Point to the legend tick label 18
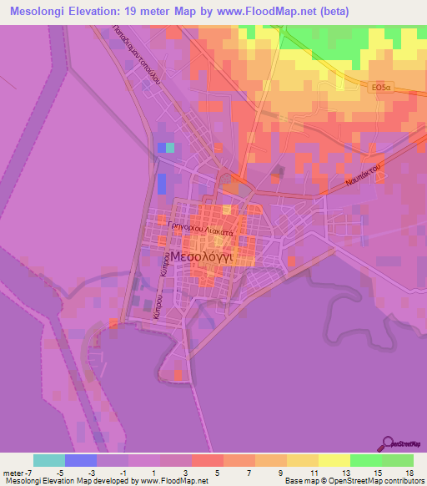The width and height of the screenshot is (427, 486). [409, 472]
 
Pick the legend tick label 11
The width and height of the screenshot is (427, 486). [314, 472]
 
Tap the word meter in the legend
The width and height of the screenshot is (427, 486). [14, 472]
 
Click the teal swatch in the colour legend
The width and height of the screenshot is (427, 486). [49, 460]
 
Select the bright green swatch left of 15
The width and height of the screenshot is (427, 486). [366, 460]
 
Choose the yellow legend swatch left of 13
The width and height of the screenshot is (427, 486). [334, 460]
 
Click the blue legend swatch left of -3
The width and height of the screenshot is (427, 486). [81, 460]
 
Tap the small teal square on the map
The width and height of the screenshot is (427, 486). [170, 148]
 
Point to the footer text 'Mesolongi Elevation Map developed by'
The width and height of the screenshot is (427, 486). [70, 481]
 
